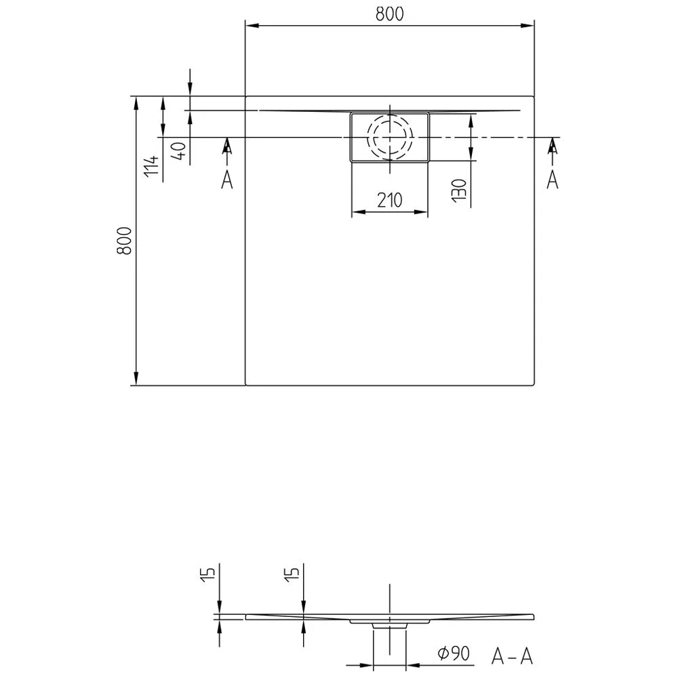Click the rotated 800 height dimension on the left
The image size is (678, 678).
pyautogui.click(x=124, y=240)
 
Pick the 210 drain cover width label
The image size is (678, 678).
pyautogui.click(x=389, y=200)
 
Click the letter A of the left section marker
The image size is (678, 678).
pyautogui.click(x=227, y=179)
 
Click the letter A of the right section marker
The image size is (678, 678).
pyautogui.click(x=553, y=179)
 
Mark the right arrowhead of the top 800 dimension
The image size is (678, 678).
pyautogui.click(x=528, y=26)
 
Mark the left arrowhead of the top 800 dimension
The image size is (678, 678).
pyautogui.click(x=250, y=26)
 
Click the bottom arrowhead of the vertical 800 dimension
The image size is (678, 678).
pyautogui.click(x=136, y=380)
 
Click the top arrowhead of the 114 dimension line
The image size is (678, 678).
pyautogui.click(x=163, y=102)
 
